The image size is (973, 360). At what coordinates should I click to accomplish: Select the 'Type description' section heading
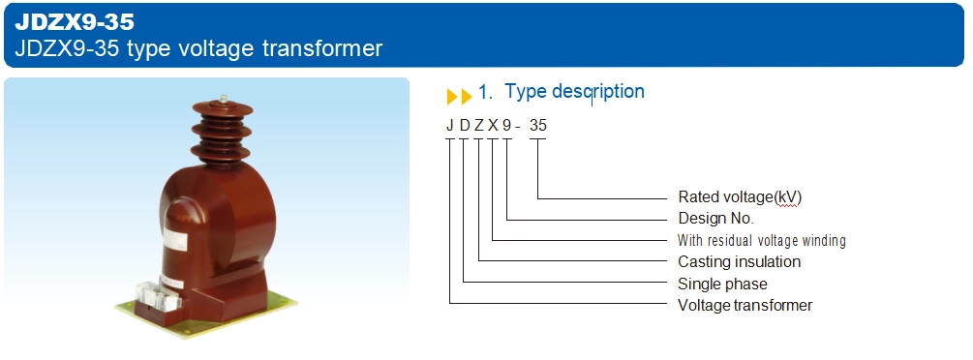coord(574,92)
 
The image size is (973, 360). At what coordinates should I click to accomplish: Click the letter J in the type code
coord(450,124)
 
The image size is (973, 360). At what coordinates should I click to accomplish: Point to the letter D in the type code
coord(465,124)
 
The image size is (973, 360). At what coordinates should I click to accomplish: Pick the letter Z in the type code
coord(479,124)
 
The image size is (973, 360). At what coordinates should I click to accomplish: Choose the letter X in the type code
coord(493,124)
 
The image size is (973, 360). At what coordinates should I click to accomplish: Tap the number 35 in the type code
coord(538,124)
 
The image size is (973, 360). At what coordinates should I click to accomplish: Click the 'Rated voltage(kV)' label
coord(740,196)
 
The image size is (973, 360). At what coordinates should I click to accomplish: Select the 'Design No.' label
coord(715,219)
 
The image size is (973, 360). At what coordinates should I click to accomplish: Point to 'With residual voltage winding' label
coord(761,240)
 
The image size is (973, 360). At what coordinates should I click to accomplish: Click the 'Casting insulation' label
coord(739,261)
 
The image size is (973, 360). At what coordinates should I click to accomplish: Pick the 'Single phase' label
coord(722,284)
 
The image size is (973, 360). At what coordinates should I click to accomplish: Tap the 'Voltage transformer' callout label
coord(745,305)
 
